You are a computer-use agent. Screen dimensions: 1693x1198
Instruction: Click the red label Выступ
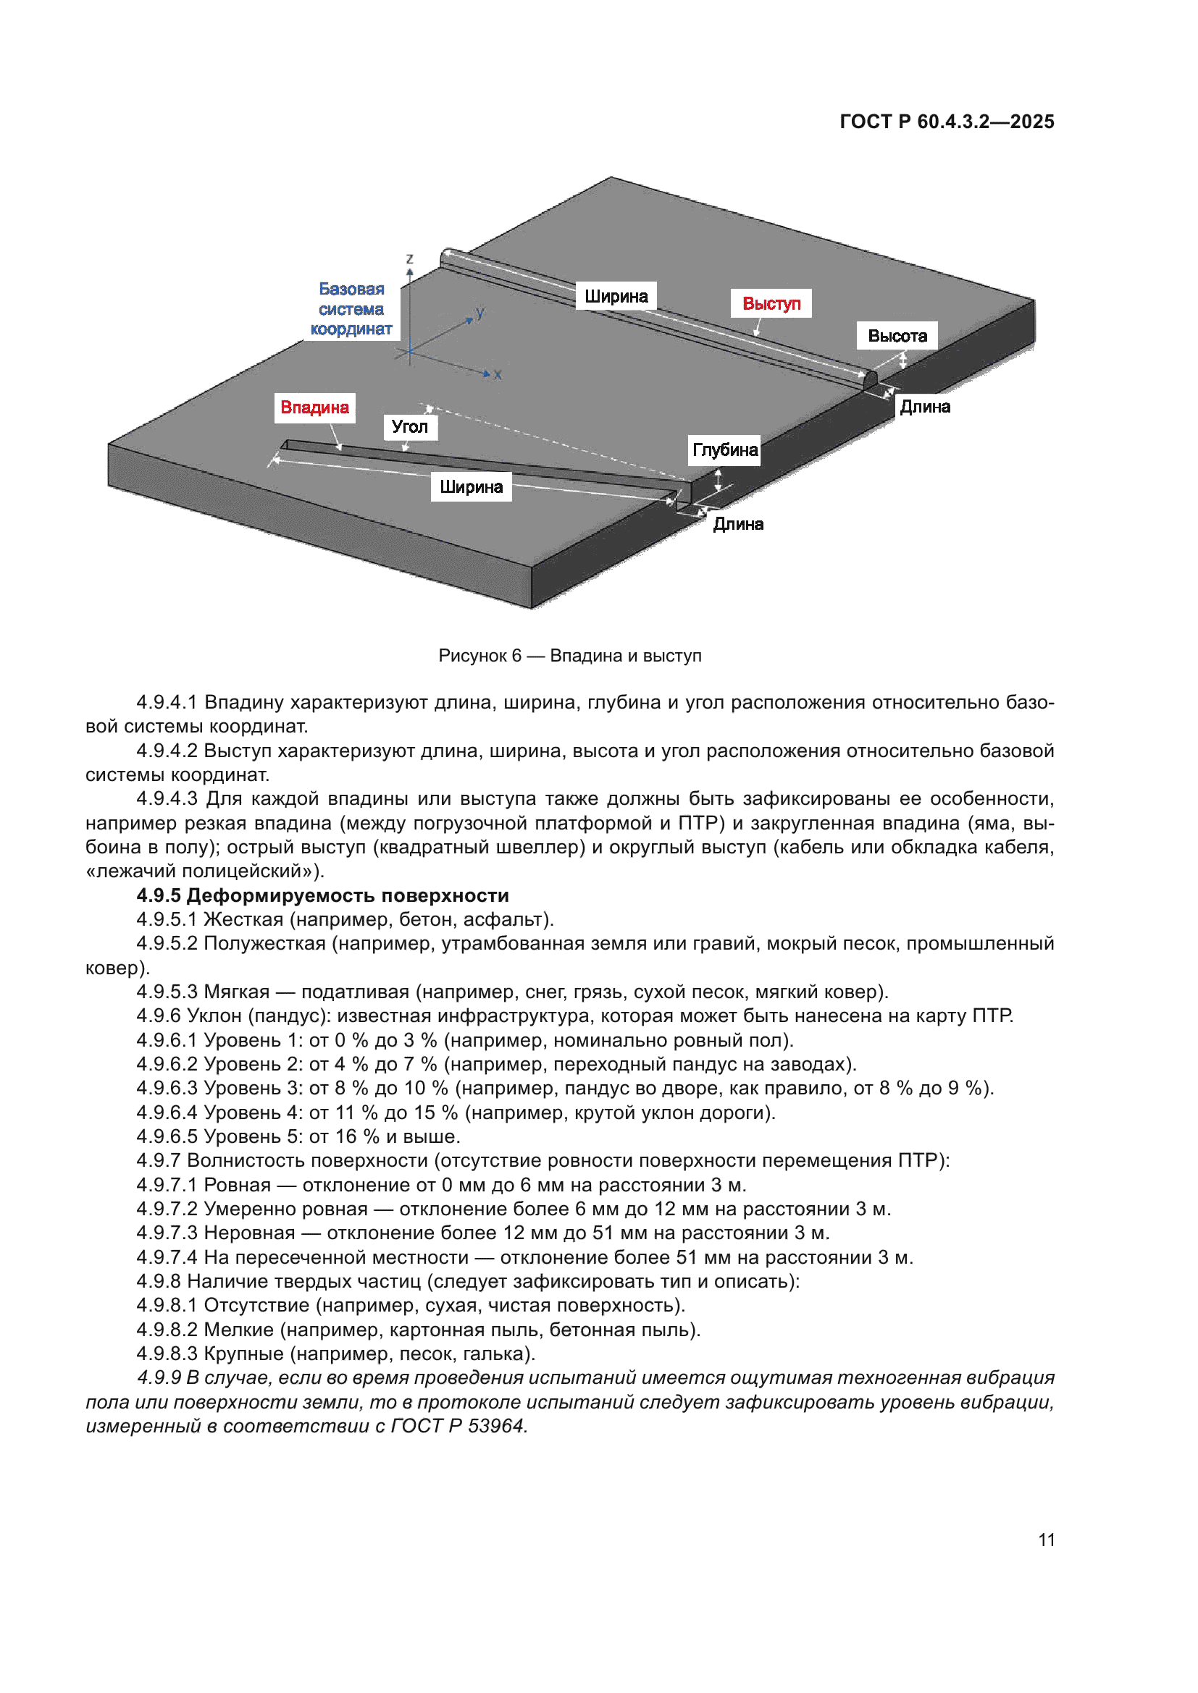pyautogui.click(x=771, y=303)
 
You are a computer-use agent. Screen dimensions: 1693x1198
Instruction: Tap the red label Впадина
pyautogui.click(x=314, y=408)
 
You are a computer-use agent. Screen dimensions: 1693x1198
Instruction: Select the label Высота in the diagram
pyautogui.click(x=897, y=336)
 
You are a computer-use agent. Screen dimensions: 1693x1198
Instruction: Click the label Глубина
pyautogui.click(x=724, y=449)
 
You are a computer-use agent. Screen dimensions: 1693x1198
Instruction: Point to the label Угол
pyautogui.click(x=409, y=426)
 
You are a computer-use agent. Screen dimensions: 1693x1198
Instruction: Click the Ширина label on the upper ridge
pyautogui.click(x=616, y=297)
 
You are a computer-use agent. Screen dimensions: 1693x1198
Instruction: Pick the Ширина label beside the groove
pyautogui.click(x=471, y=486)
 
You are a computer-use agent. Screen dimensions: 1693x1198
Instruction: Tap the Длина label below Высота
pyautogui.click(x=924, y=407)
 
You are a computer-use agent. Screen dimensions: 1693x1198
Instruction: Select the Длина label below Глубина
pyautogui.click(x=737, y=524)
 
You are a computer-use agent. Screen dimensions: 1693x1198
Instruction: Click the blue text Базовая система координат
pyautogui.click(x=351, y=309)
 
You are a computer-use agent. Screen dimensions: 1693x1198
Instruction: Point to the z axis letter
pyautogui.click(x=409, y=259)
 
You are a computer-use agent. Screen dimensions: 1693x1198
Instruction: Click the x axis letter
pyautogui.click(x=498, y=375)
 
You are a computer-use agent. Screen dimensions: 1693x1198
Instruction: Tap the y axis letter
pyautogui.click(x=480, y=312)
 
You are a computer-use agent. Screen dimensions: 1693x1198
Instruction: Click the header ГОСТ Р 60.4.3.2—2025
pyautogui.click(x=947, y=122)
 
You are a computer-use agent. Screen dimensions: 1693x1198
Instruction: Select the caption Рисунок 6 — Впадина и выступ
pyautogui.click(x=569, y=656)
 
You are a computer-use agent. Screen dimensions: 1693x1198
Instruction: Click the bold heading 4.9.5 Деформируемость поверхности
pyautogui.click(x=322, y=895)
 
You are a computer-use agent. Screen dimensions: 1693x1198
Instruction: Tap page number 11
pyautogui.click(x=1046, y=1540)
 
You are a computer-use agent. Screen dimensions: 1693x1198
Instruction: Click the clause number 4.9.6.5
pyautogui.click(x=167, y=1136)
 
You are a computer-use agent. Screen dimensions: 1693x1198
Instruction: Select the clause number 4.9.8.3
pyautogui.click(x=167, y=1354)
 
